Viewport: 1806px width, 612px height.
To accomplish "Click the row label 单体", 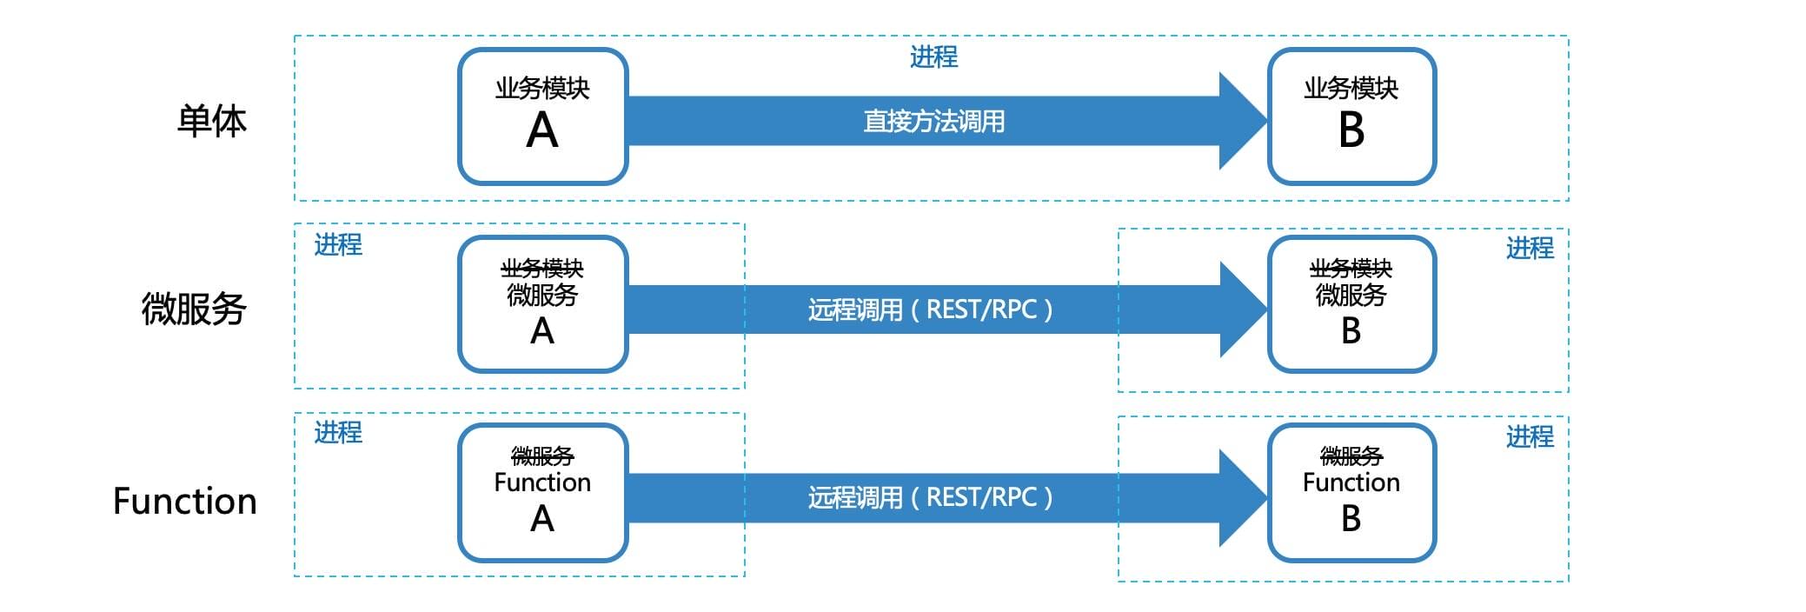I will click(x=211, y=121).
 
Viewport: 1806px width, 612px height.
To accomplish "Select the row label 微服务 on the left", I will click(x=194, y=309).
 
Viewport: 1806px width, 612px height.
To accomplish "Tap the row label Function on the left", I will click(x=185, y=502).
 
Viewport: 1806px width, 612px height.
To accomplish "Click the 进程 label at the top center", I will click(x=933, y=57).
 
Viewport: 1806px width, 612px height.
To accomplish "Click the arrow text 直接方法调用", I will click(x=933, y=121).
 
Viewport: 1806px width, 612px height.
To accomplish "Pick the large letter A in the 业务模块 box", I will click(x=542, y=131).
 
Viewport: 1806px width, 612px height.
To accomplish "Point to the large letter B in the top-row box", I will click(x=1351, y=131).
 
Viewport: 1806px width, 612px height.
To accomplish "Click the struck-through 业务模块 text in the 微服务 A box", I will click(x=542, y=269).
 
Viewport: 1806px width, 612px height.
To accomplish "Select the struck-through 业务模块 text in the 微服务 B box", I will click(x=1351, y=269).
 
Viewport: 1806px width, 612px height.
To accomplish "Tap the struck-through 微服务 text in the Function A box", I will click(x=542, y=456).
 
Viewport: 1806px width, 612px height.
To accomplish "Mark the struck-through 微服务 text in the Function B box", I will click(x=1351, y=456).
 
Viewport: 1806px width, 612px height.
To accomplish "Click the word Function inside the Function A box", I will click(x=542, y=482).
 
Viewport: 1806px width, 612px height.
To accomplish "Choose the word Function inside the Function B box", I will click(x=1351, y=482).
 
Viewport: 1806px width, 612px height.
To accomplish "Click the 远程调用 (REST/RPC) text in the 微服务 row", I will click(x=930, y=309).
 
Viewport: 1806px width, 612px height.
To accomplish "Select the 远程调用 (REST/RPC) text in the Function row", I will click(x=930, y=497).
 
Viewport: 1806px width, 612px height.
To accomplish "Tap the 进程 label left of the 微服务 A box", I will click(x=338, y=245).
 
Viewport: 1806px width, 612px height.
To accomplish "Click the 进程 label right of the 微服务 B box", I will click(x=1530, y=249).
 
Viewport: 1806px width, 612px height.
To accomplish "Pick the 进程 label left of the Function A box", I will click(x=338, y=432).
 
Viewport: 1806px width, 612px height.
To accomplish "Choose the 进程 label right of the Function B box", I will click(x=1530, y=436).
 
